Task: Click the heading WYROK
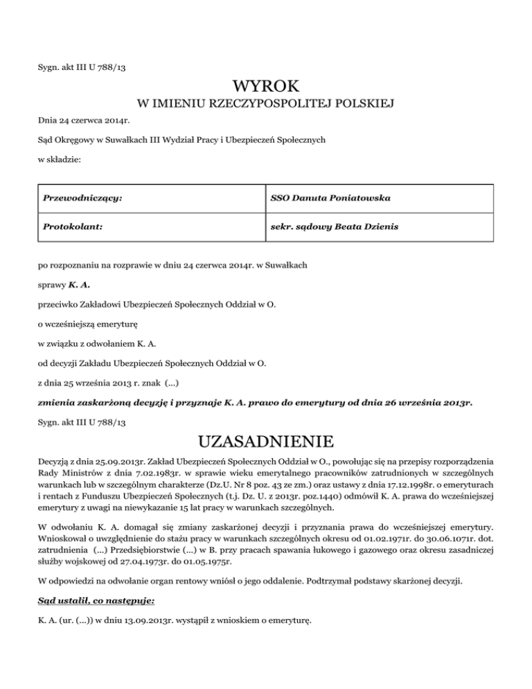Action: click(266, 87)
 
